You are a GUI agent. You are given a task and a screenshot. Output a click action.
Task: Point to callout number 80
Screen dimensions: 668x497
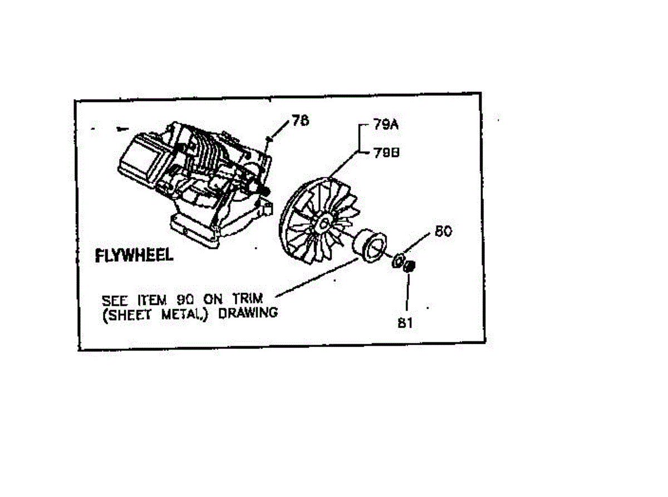pos(443,231)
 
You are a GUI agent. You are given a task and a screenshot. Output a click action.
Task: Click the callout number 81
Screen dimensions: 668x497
pos(405,322)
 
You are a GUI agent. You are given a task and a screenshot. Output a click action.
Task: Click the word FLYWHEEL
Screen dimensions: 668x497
pos(134,255)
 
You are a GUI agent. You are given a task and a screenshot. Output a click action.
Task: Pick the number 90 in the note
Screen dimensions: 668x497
pos(187,299)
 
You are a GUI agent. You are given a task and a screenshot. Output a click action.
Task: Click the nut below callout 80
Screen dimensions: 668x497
pos(409,266)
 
